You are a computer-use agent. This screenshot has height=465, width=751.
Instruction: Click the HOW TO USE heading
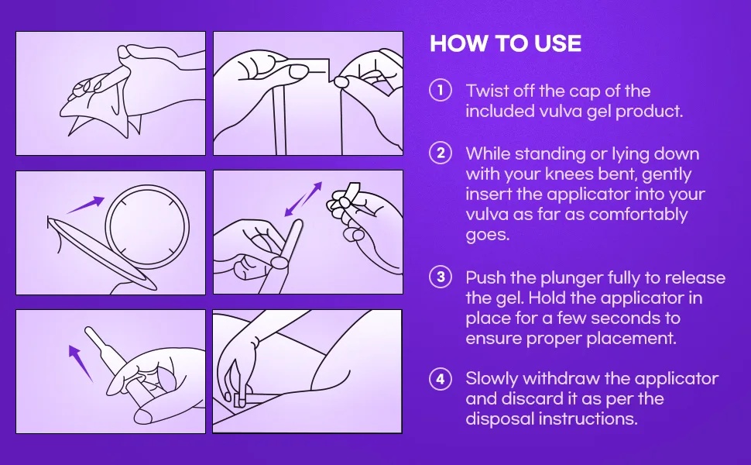(x=506, y=43)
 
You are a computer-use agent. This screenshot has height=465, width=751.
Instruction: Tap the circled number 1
(x=441, y=91)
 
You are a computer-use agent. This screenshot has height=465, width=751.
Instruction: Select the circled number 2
(x=441, y=153)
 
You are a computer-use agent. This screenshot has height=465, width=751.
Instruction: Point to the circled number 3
(x=441, y=277)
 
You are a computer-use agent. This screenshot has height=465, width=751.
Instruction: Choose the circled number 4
(x=441, y=379)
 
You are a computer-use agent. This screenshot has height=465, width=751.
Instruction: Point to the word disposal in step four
(x=499, y=419)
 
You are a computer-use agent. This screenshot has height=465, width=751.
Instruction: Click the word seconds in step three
(x=626, y=318)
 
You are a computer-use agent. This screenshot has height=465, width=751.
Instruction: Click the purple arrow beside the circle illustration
(x=85, y=205)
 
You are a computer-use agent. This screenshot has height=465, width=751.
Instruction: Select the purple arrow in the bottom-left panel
(x=80, y=363)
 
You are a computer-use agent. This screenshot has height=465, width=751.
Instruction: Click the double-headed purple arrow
(x=303, y=199)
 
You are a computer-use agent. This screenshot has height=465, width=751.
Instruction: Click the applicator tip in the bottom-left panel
(x=89, y=330)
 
